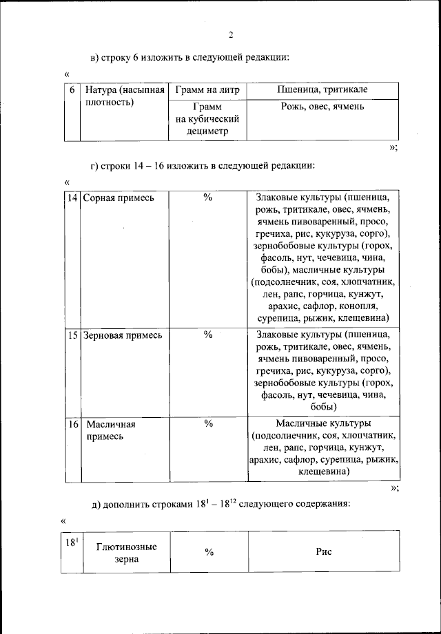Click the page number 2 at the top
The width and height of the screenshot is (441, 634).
tap(232, 34)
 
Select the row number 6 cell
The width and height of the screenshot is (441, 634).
tap(72, 91)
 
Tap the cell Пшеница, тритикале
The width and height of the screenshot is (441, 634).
tap(322, 91)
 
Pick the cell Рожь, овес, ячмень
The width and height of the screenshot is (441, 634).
tap(322, 107)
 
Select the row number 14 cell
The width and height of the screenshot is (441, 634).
tap(72, 198)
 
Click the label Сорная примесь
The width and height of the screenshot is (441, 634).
tap(119, 198)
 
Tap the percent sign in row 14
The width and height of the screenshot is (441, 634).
tap(207, 198)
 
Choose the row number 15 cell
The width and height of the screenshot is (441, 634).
tap(72, 335)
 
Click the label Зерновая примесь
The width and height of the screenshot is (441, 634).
tap(123, 335)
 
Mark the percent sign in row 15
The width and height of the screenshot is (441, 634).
tap(207, 335)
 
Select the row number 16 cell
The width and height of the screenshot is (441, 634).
tap(72, 424)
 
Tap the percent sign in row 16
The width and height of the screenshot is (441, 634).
tap(207, 424)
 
